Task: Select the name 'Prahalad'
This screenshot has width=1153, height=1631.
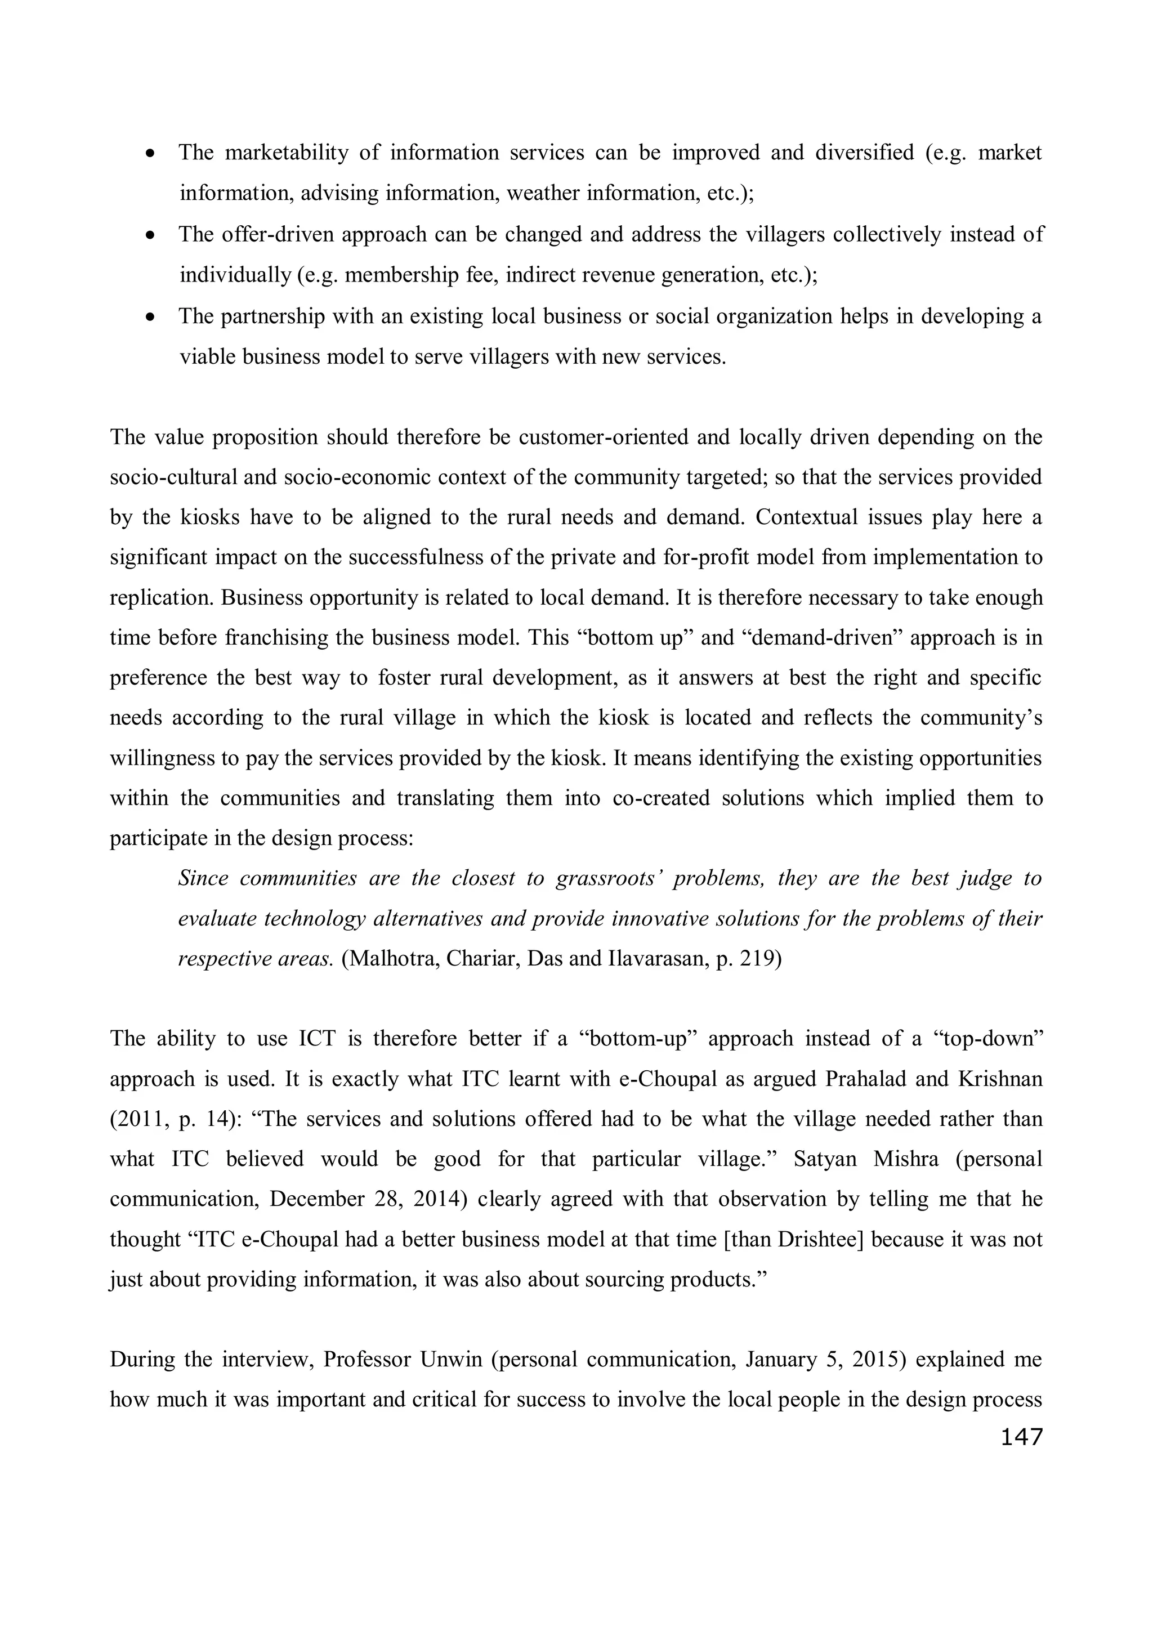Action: [869, 1079]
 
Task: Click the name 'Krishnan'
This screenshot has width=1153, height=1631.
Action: [999, 1079]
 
